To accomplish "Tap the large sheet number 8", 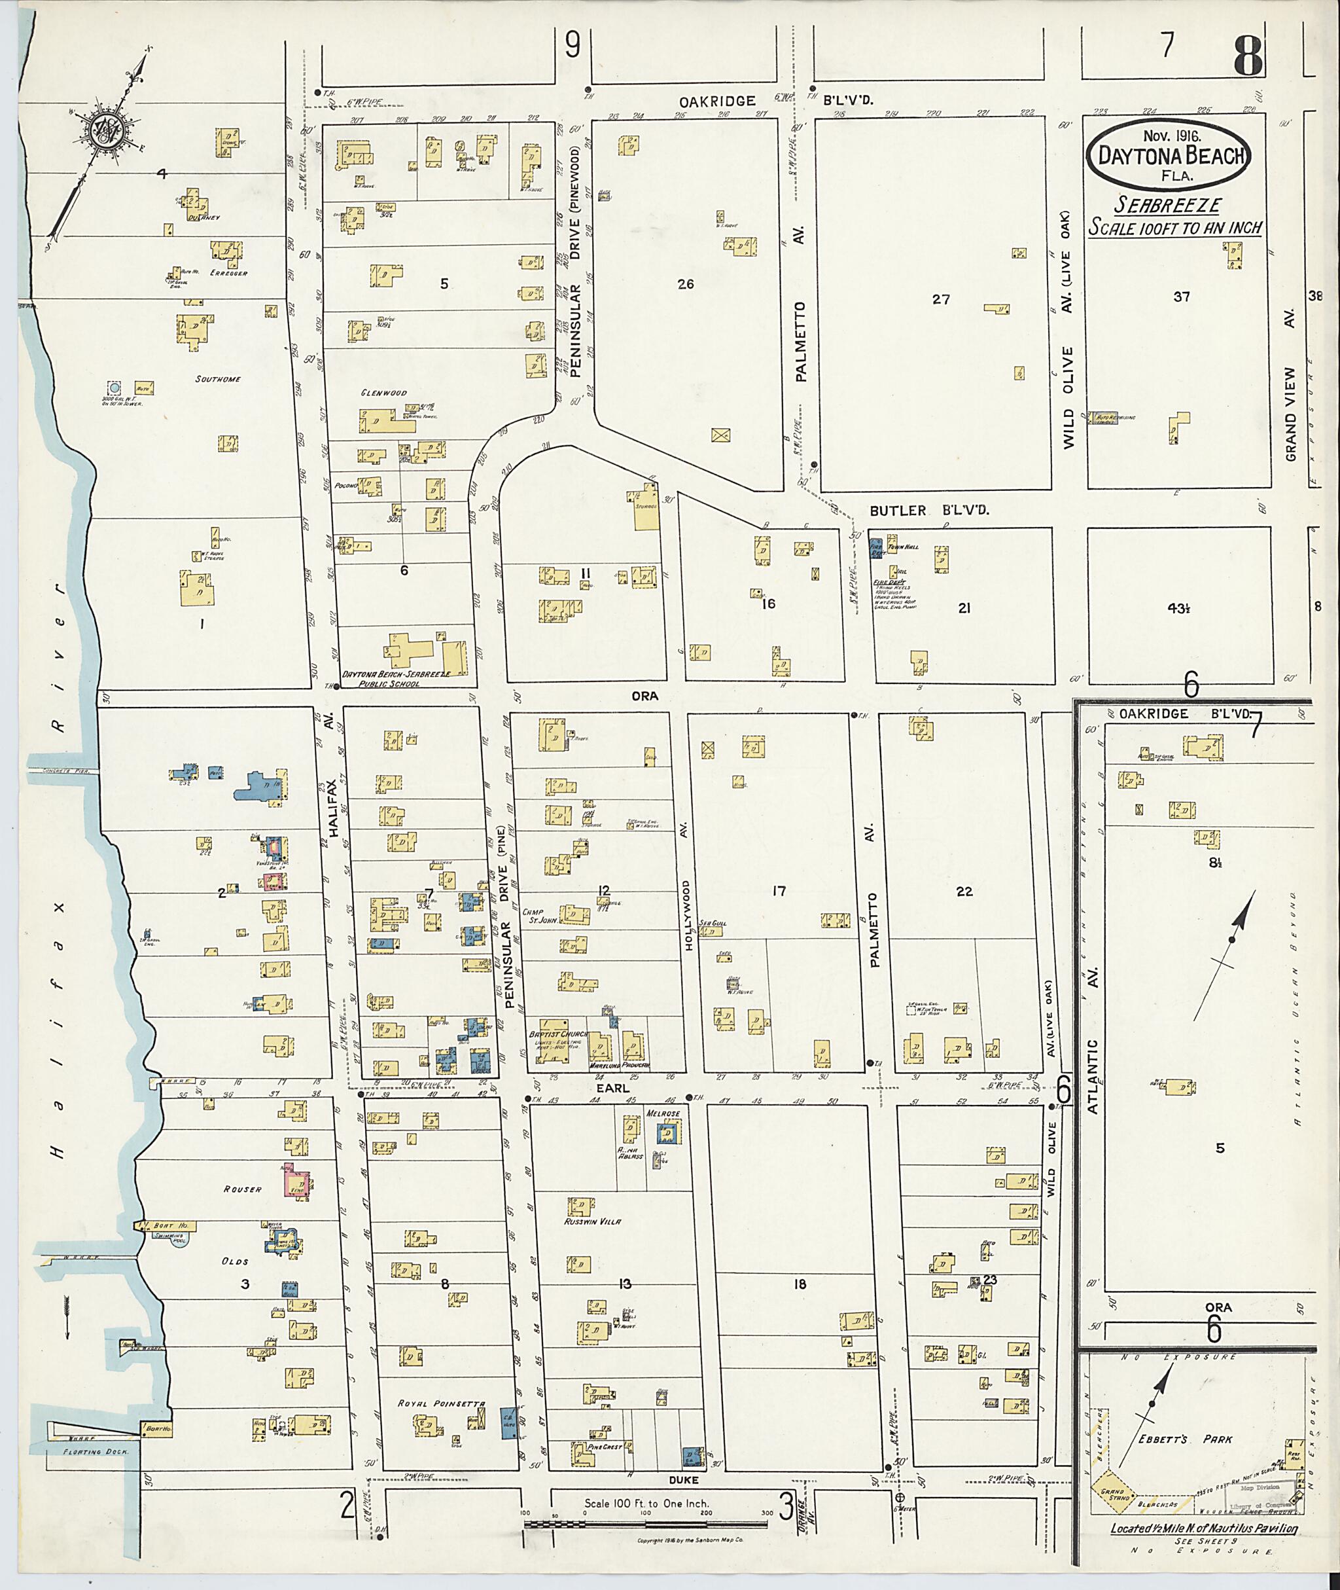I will [x=1248, y=55].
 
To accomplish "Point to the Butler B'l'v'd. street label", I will [x=929, y=510].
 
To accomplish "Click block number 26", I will [x=685, y=284].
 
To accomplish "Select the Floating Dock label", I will [x=96, y=1450].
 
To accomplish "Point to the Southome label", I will [x=218, y=378].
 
